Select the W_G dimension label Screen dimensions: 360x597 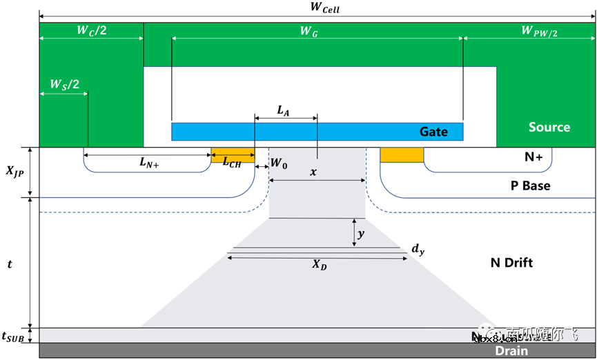tap(309, 30)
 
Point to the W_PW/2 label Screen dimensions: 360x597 tap(540, 30)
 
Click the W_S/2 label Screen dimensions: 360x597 tap(64, 84)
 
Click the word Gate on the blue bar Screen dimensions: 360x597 tap(433, 131)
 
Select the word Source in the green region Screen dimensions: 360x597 tap(549, 127)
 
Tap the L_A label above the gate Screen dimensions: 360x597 tap(284, 110)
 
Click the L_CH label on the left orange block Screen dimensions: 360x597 tap(232, 161)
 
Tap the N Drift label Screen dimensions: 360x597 tap(511, 262)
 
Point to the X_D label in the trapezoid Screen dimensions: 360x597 tap(319, 265)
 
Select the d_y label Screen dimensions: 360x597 tap(417, 250)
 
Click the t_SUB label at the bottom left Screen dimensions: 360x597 tap(14, 337)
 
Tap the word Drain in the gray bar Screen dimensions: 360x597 tap(511, 351)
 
